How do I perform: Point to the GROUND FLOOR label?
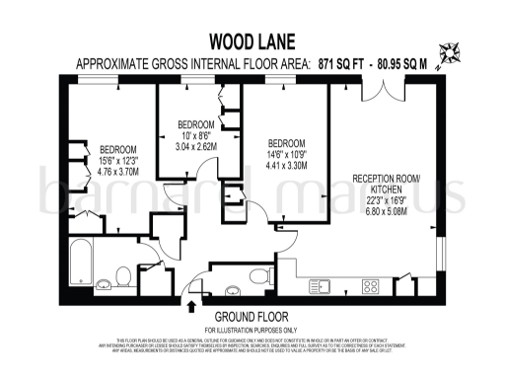[x=252, y=316]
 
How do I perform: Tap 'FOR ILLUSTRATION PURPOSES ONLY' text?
[x=252, y=329]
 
